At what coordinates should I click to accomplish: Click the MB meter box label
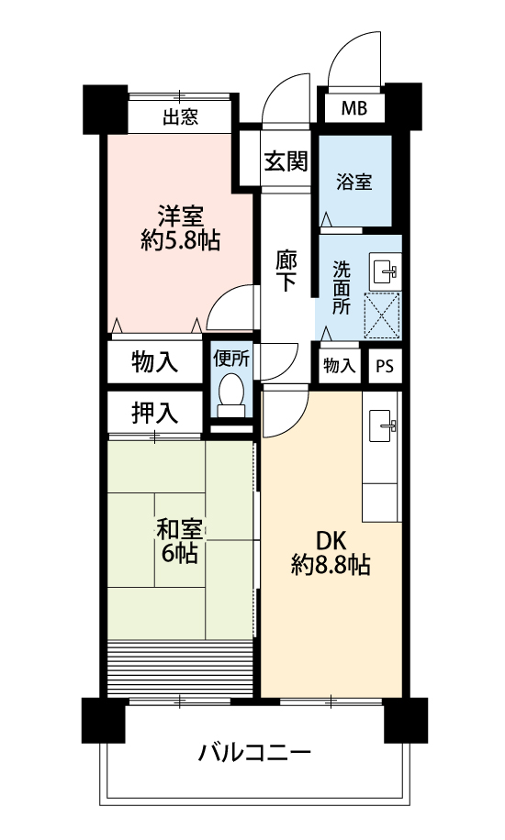pyautogui.click(x=354, y=108)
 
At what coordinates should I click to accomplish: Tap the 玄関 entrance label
pyautogui.click(x=286, y=160)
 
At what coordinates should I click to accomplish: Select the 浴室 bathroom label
pyautogui.click(x=354, y=182)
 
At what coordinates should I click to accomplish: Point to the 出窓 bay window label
pyautogui.click(x=180, y=116)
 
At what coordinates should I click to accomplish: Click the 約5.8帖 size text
pyautogui.click(x=180, y=241)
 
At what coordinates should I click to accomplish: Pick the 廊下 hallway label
pyautogui.click(x=286, y=271)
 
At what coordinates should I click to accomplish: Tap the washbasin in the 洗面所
pyautogui.click(x=386, y=271)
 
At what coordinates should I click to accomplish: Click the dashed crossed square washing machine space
pyautogui.click(x=383, y=315)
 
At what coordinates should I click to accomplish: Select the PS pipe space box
pyautogui.click(x=385, y=367)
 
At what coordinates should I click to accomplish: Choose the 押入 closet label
pyautogui.click(x=154, y=413)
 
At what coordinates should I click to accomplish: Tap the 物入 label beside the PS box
pyautogui.click(x=339, y=366)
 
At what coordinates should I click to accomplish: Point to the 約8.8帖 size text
pyautogui.click(x=331, y=565)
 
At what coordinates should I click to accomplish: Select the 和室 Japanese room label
pyautogui.click(x=180, y=529)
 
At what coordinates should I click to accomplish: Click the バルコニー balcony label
pyautogui.click(x=254, y=753)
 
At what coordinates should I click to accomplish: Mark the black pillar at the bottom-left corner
pyautogui.click(x=104, y=720)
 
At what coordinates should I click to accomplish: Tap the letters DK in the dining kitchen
pyautogui.click(x=331, y=541)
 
